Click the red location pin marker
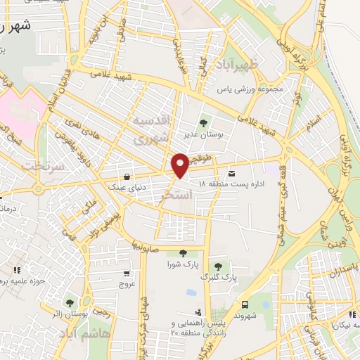[180, 165]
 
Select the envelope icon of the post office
[231, 173]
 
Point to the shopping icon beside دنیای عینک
[126, 176]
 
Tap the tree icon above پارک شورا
[183, 253]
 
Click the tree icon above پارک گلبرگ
[219, 266]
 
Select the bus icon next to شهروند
[245, 304]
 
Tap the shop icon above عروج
[126, 274]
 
